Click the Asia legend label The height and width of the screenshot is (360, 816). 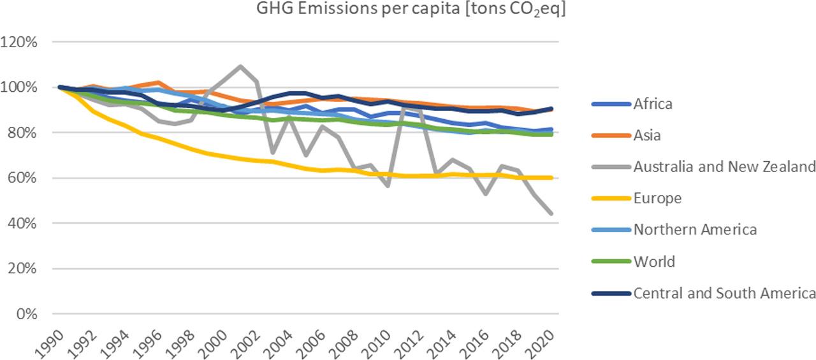point(646,135)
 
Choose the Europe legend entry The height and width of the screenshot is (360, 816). point(657,198)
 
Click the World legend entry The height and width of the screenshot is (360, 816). point(653,261)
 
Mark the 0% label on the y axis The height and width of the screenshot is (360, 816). point(27,314)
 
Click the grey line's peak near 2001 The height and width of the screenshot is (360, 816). point(240,66)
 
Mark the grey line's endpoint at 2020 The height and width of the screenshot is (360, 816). point(551,213)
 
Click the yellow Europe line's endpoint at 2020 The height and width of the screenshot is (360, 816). point(551,178)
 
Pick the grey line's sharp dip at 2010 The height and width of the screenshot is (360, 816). point(386,185)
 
